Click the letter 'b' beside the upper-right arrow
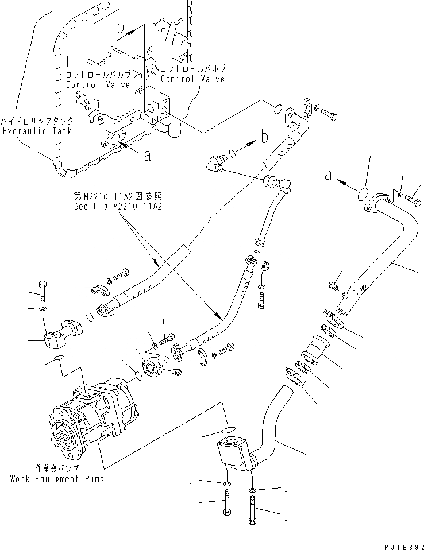pyautogui.click(x=264, y=137)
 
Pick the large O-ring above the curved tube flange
pyautogui.click(x=364, y=194)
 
